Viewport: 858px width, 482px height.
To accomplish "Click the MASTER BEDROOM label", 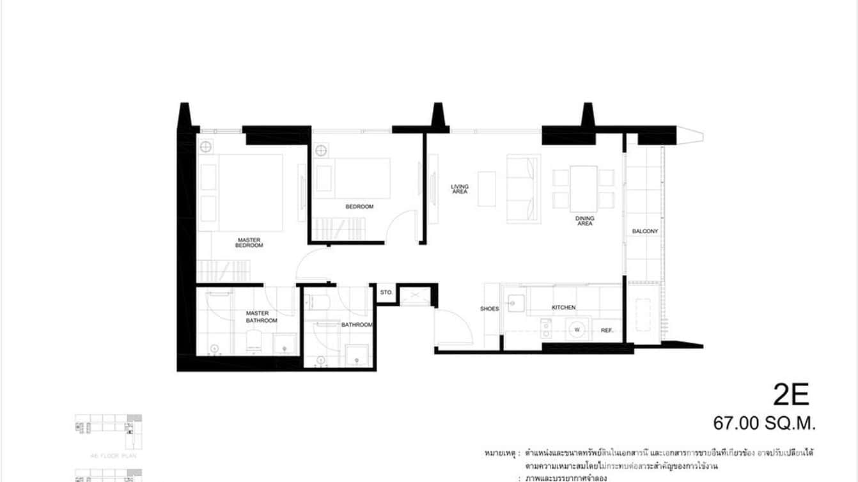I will (x=249, y=243).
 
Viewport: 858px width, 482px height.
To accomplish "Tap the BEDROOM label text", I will (x=359, y=206).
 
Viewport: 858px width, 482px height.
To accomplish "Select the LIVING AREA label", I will (x=460, y=189).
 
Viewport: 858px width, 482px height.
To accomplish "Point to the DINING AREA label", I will (x=584, y=221).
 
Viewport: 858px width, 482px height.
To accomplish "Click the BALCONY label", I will (x=645, y=231).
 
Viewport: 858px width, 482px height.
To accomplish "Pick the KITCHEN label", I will (x=564, y=307).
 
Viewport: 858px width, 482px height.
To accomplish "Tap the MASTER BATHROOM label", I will (x=261, y=316).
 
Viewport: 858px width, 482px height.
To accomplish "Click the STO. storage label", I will (x=386, y=292).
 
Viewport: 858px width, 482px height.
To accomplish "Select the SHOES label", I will (x=489, y=309).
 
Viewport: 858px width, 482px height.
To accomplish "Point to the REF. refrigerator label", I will (x=607, y=330).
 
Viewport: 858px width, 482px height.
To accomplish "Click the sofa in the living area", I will (x=524, y=189).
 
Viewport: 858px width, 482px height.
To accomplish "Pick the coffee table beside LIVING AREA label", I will (x=487, y=189).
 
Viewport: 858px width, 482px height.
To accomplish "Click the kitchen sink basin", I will (x=516, y=302).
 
